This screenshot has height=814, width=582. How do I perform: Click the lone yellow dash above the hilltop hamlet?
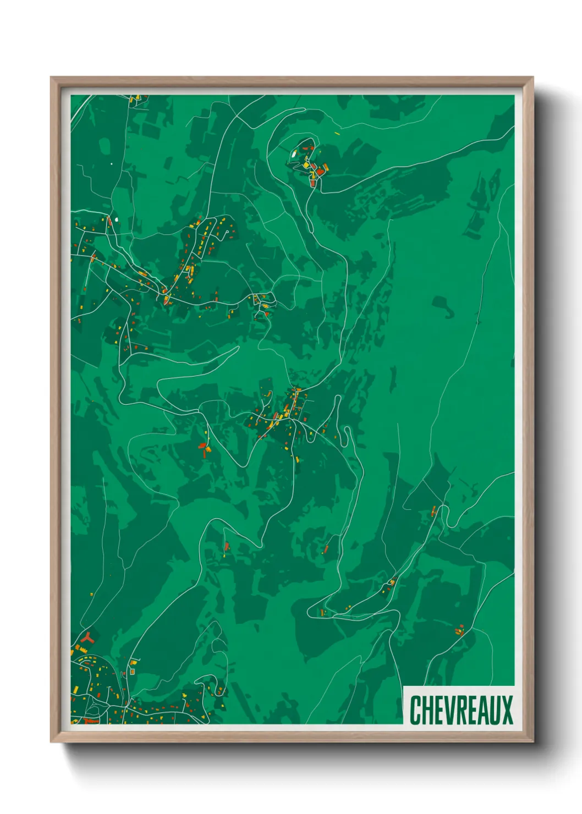coord(337,133)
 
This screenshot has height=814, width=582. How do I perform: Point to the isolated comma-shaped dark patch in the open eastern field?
coord(444,306)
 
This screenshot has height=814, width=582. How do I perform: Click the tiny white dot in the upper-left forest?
coord(112,163)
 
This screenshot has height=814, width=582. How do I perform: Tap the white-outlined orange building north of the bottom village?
coord(132,672)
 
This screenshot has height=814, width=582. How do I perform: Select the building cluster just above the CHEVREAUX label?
coord(460,630)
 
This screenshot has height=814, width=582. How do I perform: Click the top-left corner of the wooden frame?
coord(52,78)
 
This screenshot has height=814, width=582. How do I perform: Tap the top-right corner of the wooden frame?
coord(532,78)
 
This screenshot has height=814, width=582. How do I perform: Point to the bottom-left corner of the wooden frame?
coord(52,741)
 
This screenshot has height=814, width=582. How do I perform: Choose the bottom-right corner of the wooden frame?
coord(532,741)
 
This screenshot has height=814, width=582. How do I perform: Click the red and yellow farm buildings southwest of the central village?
coord(205,449)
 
